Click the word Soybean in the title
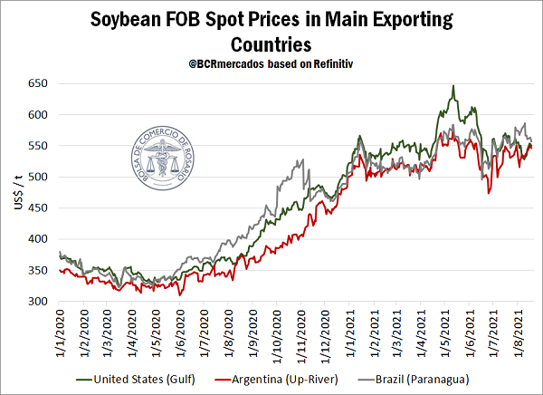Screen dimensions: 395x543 pos(129,19)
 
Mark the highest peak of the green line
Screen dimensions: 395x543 pos(453,86)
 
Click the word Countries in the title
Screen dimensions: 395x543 pos(271,43)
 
